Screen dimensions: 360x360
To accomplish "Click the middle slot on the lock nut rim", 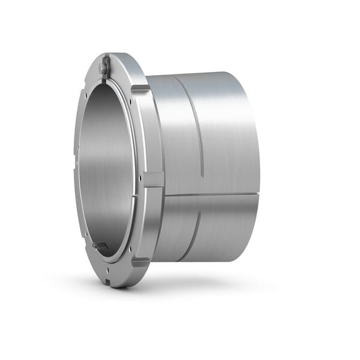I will (x=154, y=179).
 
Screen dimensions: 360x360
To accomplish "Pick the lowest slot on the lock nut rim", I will (x=140, y=262).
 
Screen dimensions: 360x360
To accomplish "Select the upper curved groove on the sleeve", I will (x=199, y=126).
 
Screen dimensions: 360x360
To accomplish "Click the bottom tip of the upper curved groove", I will (x=202, y=176).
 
